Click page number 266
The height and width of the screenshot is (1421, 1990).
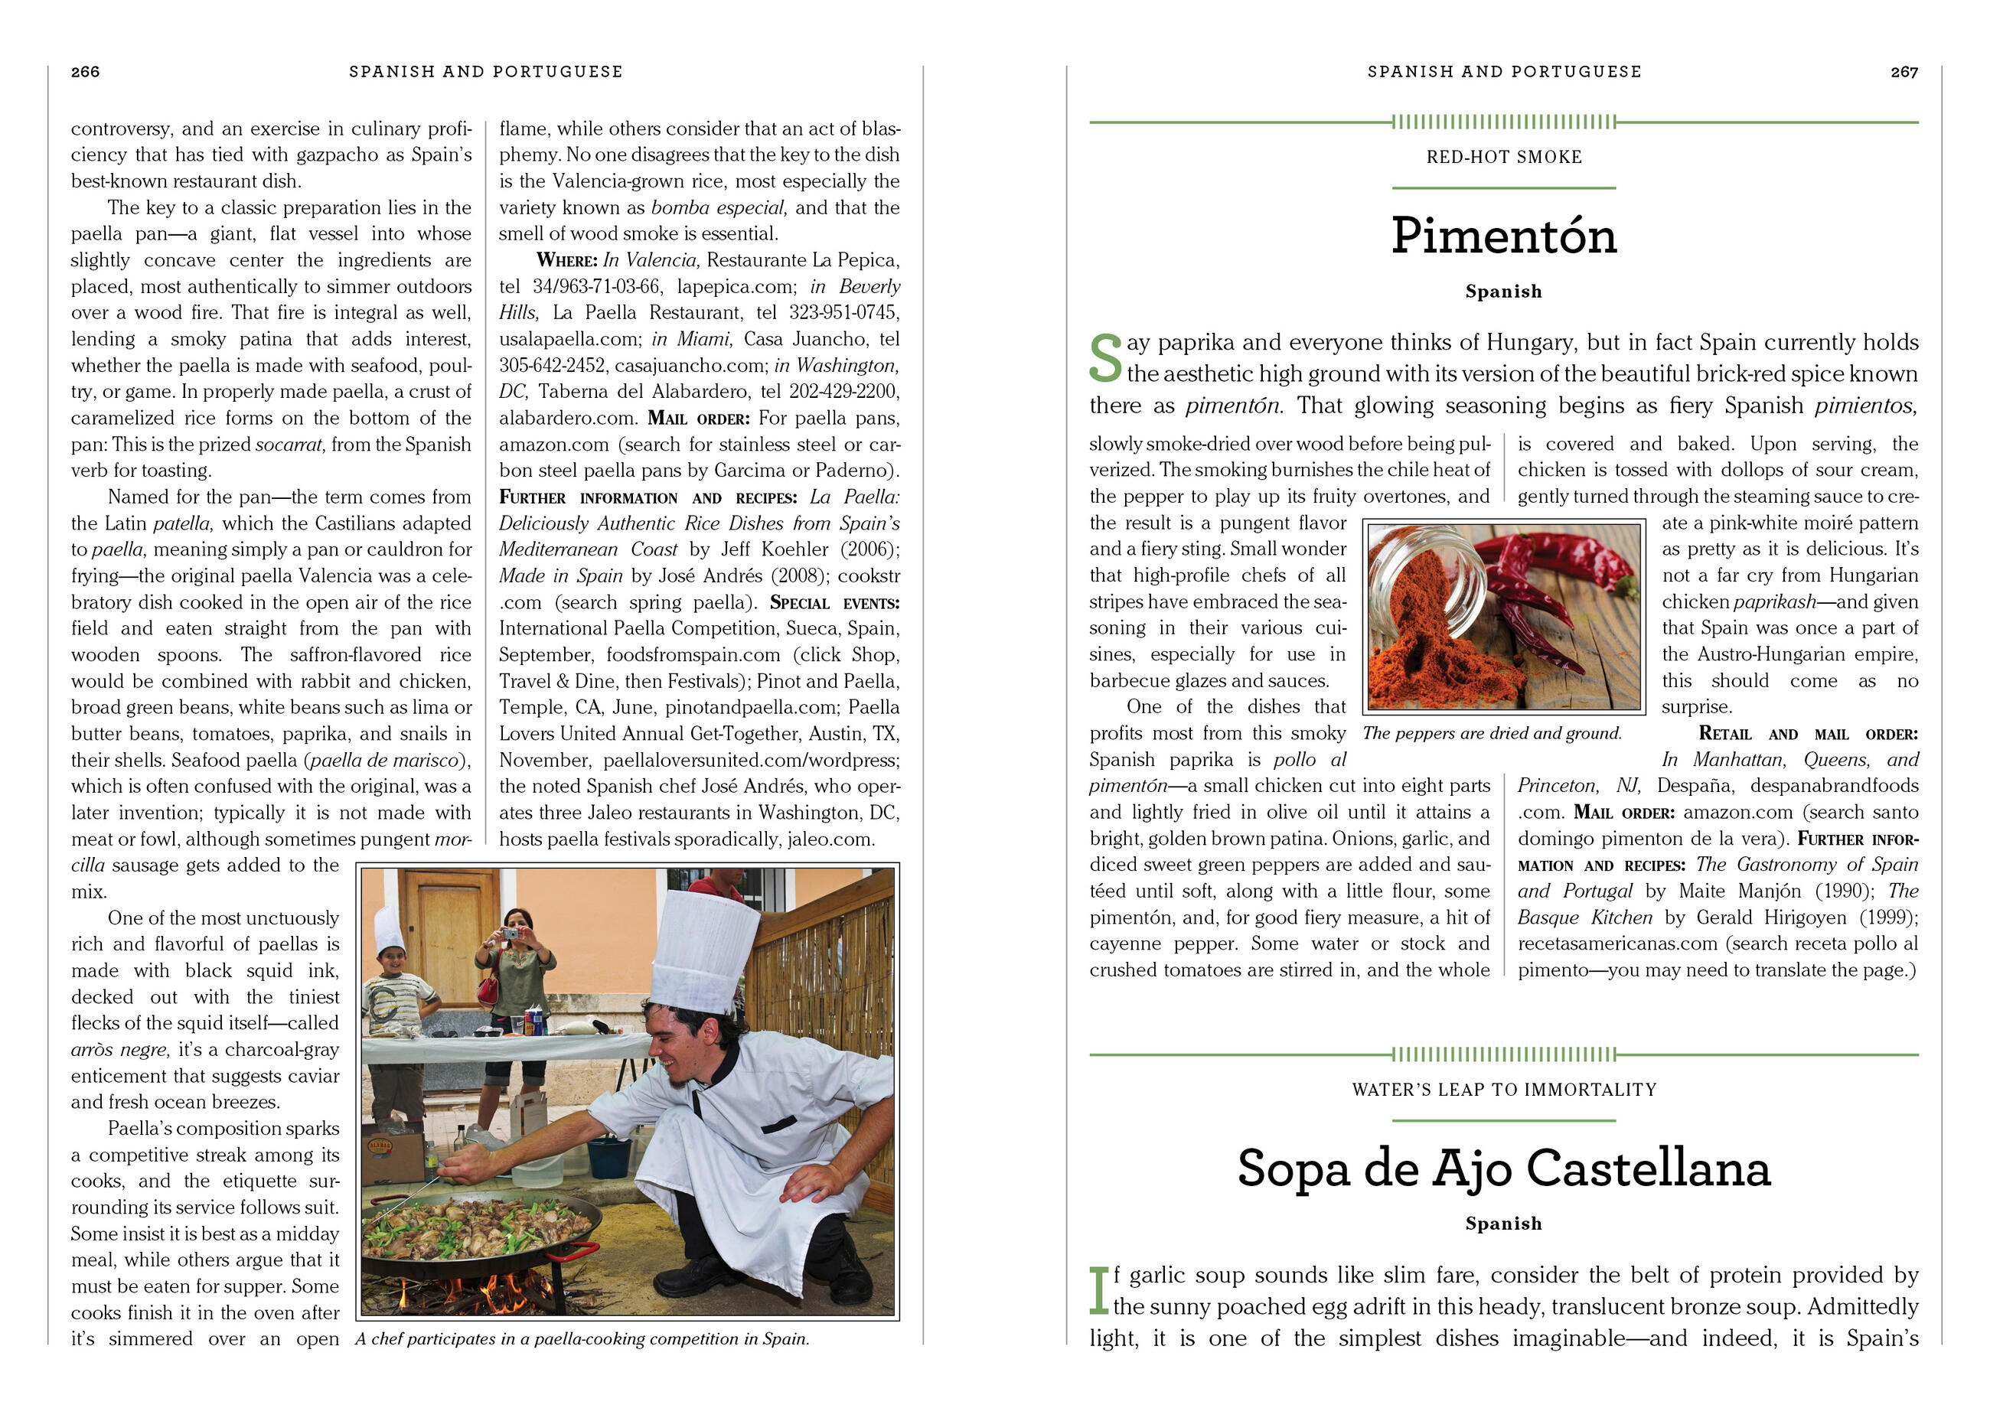pyautogui.click(x=85, y=72)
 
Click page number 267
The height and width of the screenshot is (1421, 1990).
pyautogui.click(x=1904, y=72)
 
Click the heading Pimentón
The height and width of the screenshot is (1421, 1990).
pyautogui.click(x=1502, y=236)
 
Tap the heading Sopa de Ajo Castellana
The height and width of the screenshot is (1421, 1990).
pyautogui.click(x=1502, y=1168)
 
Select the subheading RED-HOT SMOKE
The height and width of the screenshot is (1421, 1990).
pyautogui.click(x=1502, y=158)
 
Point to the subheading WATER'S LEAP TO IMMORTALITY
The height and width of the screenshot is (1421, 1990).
pyautogui.click(x=1502, y=1090)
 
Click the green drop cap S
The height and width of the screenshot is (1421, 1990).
pyautogui.click(x=1105, y=359)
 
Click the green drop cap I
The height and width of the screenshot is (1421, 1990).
pyautogui.click(x=1098, y=1291)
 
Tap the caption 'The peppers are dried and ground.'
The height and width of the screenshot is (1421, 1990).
pyautogui.click(x=1491, y=733)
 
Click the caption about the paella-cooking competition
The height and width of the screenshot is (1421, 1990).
pyautogui.click(x=582, y=1339)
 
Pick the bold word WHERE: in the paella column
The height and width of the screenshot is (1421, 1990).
pyautogui.click(x=566, y=260)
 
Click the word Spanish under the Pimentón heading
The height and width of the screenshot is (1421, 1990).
pyautogui.click(x=1502, y=292)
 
